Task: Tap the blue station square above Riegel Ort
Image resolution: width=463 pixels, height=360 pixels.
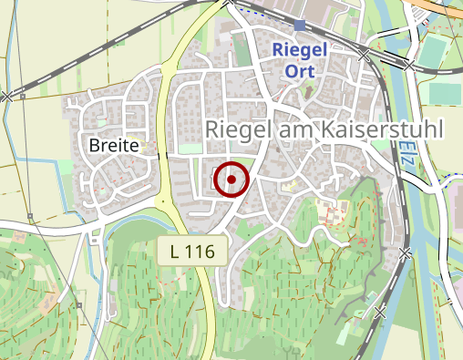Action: (300, 25)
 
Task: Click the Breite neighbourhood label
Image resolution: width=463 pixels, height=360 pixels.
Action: (113, 145)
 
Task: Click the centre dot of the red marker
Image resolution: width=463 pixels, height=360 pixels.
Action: (231, 180)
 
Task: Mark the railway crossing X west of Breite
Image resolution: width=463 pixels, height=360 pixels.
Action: (7, 96)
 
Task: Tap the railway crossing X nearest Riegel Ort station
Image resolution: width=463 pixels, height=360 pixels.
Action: (364, 56)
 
